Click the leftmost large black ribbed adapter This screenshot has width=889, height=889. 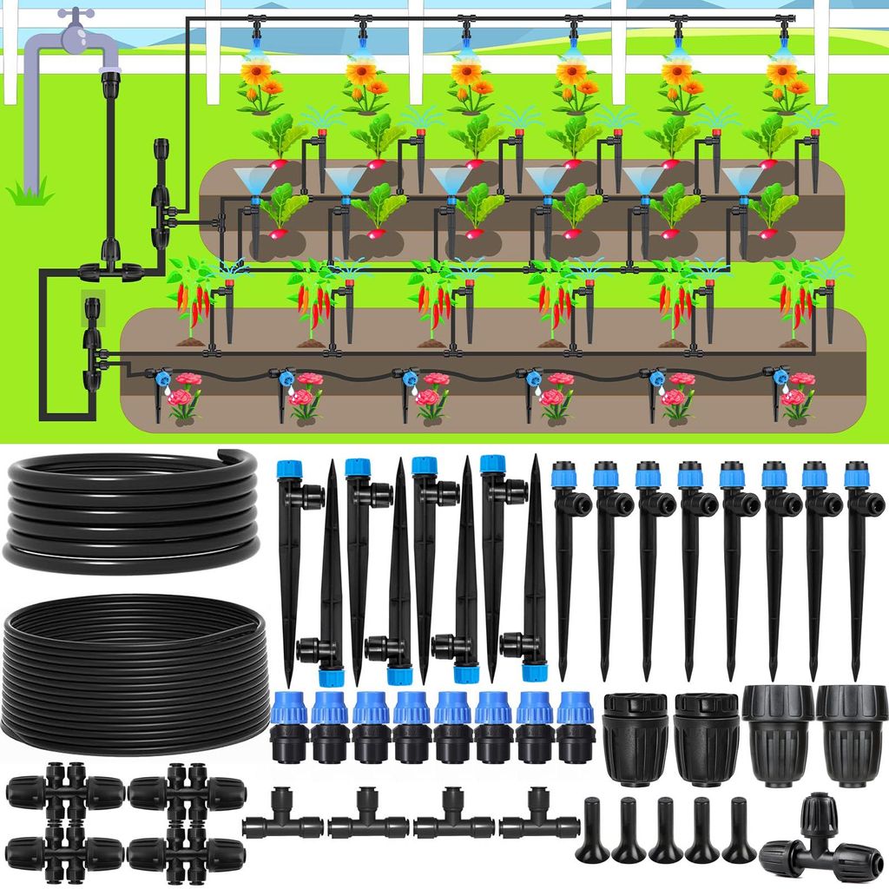(x=635, y=738)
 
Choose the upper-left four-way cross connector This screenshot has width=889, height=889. (x=64, y=790)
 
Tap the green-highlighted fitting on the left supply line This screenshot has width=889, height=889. (x=90, y=307)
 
